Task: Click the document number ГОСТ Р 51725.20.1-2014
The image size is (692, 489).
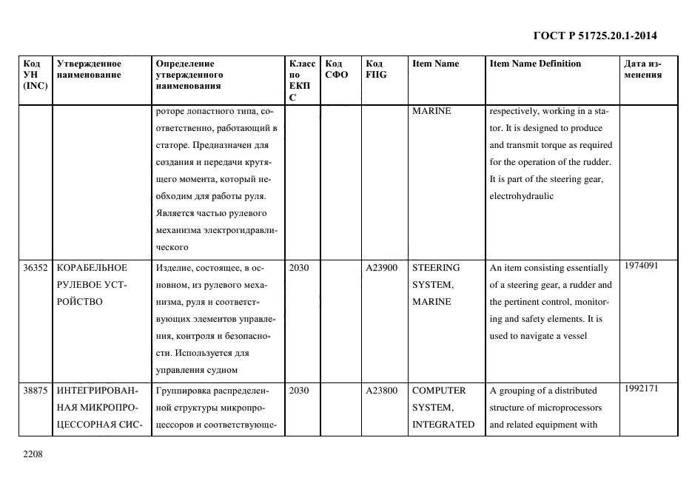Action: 595,36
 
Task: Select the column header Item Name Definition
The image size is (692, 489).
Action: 535,64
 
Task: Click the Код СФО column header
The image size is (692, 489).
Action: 336,69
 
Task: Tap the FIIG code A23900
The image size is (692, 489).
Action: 381,268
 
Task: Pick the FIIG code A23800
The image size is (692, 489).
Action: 381,391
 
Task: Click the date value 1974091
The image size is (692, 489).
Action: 640,266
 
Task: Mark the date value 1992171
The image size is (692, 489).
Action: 640,388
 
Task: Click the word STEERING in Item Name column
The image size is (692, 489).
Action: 436,268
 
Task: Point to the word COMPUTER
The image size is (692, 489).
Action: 439,391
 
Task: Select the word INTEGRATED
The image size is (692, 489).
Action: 443,425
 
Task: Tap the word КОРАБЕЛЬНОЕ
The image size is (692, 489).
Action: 92,268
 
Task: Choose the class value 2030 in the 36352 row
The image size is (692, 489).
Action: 298,268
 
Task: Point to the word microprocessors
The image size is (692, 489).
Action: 565,408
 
